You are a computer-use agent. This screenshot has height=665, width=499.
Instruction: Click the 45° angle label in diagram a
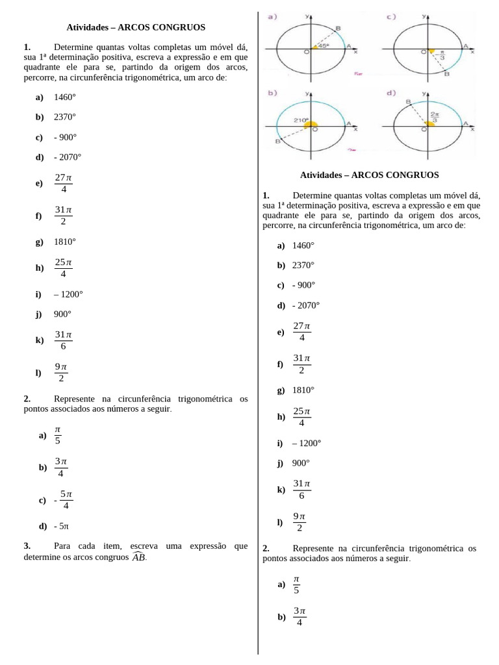324,46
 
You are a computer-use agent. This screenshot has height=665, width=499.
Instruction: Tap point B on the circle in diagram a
337,29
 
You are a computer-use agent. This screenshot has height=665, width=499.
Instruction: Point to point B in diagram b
278,141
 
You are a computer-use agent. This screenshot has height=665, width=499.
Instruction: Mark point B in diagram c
447,74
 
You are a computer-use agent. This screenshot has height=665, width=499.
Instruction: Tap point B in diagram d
408,102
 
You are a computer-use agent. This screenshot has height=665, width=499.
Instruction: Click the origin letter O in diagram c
423,51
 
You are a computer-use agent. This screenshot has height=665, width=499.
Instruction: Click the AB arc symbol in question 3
138,557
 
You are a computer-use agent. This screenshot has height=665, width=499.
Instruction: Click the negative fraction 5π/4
64,499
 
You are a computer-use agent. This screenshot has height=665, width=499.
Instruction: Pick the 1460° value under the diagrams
303,245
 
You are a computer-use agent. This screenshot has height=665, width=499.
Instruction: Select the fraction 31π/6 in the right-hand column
301,489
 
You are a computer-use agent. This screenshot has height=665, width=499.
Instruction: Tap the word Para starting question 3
62,546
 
